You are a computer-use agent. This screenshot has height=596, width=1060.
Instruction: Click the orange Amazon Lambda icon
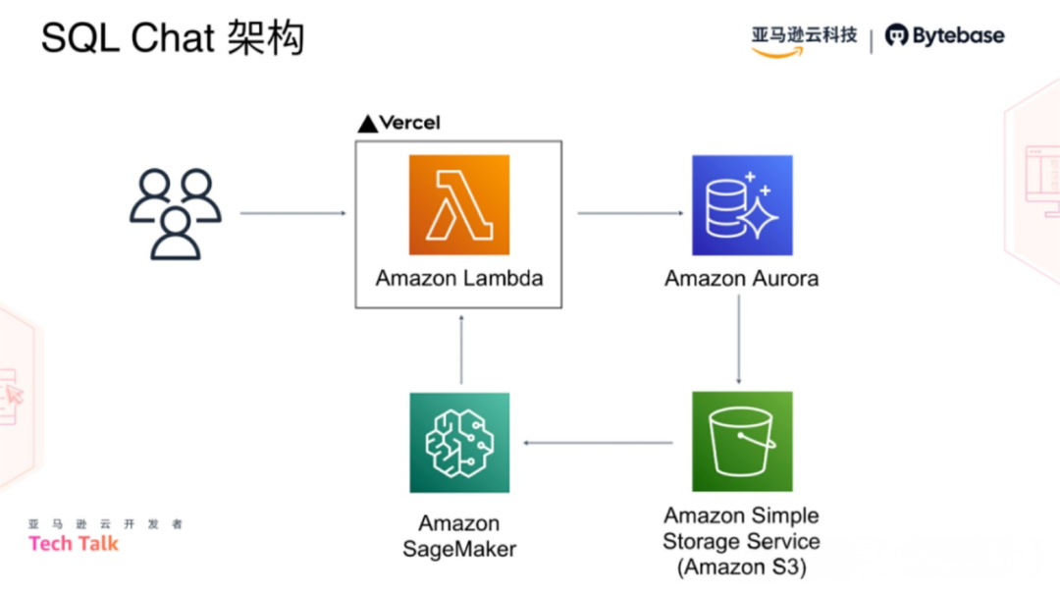tap(458, 205)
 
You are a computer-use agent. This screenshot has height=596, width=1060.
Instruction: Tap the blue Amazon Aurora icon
tap(741, 205)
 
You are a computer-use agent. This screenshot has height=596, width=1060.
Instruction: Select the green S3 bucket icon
tap(741, 442)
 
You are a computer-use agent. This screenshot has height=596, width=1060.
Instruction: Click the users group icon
tap(176, 213)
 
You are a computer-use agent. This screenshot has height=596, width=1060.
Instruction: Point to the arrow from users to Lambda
tap(293, 213)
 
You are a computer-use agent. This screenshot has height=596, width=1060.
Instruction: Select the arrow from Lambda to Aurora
tap(630, 213)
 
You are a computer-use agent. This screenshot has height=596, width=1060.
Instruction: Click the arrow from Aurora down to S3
tap(739, 339)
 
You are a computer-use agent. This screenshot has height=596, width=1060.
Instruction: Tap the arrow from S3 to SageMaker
tap(599, 443)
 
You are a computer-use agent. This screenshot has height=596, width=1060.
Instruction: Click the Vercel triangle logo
tap(367, 124)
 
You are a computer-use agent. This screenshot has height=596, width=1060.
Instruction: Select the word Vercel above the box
tap(410, 123)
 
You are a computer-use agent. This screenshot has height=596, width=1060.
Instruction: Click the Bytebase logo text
tap(957, 36)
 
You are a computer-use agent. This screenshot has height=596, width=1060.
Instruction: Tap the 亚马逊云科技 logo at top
tap(804, 36)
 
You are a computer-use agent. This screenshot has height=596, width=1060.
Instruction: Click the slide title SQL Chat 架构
tap(173, 38)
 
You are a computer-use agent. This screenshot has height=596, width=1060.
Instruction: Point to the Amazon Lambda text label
tap(458, 278)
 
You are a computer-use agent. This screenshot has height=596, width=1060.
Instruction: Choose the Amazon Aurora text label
tap(741, 278)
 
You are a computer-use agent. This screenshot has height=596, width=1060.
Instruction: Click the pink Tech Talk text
tap(74, 543)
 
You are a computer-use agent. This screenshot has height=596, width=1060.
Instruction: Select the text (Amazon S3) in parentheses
tap(741, 567)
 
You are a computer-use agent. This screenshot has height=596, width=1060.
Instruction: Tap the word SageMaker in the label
tap(458, 549)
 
